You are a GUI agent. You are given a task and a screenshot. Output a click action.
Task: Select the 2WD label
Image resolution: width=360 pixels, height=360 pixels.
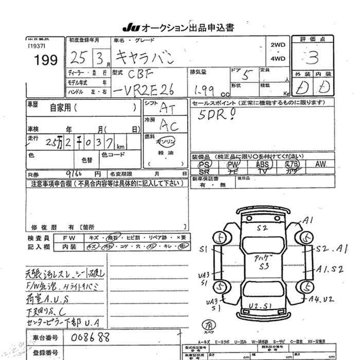pyautogui.click(x=278, y=45)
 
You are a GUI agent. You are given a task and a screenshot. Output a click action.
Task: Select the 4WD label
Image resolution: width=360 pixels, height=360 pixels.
pyautogui.click(x=278, y=59)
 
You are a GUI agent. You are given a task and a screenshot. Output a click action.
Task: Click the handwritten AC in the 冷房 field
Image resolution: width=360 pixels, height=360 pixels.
pyautogui.click(x=168, y=124)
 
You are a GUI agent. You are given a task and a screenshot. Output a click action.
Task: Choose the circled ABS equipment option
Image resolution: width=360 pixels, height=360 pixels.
pyautogui.click(x=262, y=164)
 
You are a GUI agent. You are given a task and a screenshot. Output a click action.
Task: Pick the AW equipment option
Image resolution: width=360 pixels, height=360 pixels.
pyautogui.click(x=320, y=164)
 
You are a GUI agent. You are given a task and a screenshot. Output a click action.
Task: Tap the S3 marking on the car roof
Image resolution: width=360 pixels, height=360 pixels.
pyautogui.click(x=264, y=266)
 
